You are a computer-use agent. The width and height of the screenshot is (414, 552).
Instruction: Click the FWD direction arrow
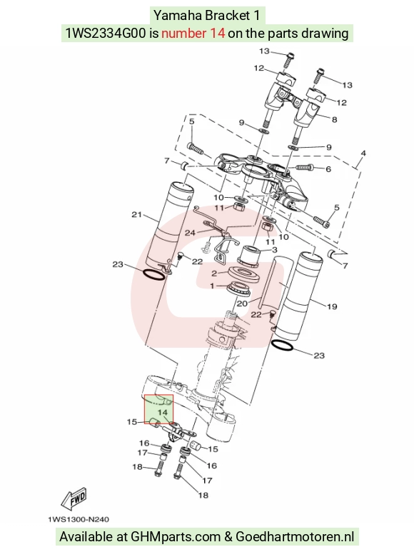pos(73,499)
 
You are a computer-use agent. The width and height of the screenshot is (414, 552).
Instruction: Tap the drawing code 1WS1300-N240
pos(79,519)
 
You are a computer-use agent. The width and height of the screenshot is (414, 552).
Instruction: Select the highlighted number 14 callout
pos(163,412)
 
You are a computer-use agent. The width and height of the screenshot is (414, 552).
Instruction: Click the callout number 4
pos(363,153)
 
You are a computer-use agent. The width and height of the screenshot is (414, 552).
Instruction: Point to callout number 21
pos(136,214)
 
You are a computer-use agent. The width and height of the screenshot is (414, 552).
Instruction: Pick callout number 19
pos(332,306)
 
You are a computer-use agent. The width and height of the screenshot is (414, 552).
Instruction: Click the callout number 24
pos(190,233)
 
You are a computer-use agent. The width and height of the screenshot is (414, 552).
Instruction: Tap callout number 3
pos(274,250)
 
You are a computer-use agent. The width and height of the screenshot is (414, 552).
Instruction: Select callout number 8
pos(334,120)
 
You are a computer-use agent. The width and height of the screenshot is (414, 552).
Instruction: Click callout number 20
pos(242,303)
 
